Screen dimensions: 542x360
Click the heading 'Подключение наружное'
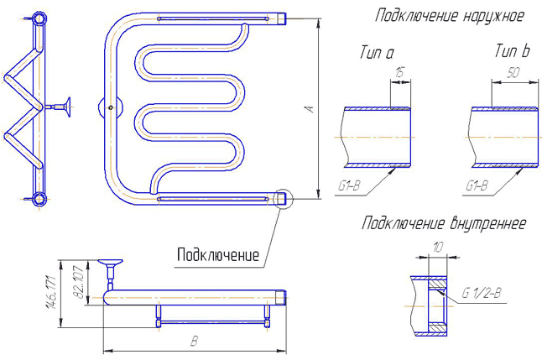pyautogui.click(x=450, y=17)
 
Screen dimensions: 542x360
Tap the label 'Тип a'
pyautogui.click(x=377, y=52)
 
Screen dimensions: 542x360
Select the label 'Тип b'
pyautogui.click(x=512, y=50)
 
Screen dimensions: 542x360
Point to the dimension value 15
pyautogui.click(x=399, y=73)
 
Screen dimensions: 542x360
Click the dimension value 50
pyautogui.click(x=513, y=73)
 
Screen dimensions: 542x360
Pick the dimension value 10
pyautogui.click(x=438, y=248)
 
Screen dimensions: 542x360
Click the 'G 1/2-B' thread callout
pyautogui.click(x=482, y=293)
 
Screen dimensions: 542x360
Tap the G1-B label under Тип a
pyautogui.click(x=349, y=186)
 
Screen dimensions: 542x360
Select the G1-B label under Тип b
pyautogui.click(x=477, y=186)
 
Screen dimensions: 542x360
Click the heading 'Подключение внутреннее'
pyautogui.click(x=444, y=223)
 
